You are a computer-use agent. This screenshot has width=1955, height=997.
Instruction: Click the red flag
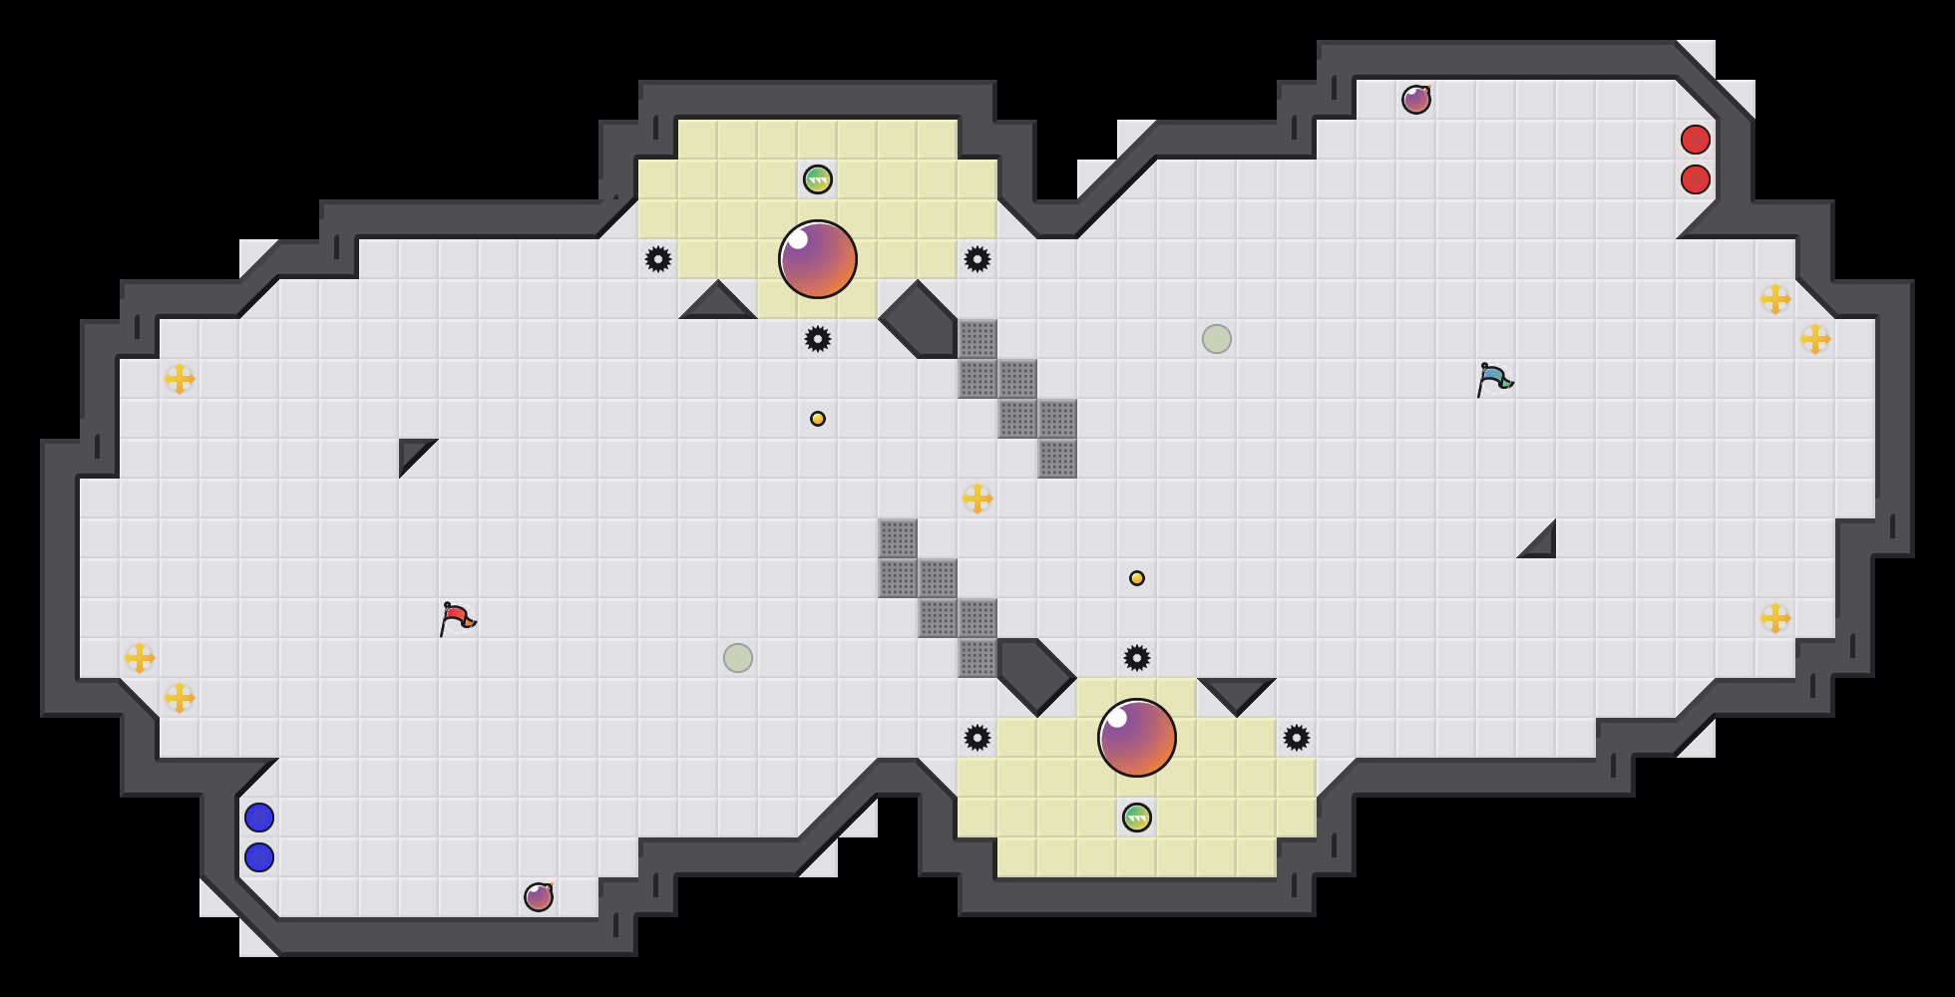457,618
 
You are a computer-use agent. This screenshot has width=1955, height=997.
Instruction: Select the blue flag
1494,379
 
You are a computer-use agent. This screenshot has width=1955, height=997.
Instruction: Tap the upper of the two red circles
1696,140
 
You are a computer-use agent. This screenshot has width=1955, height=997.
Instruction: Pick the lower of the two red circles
1696,179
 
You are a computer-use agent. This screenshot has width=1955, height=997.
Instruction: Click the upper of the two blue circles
259,818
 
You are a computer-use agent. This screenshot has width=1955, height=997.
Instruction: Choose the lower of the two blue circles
259,857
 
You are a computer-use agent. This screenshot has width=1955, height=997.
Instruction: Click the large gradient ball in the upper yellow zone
818,259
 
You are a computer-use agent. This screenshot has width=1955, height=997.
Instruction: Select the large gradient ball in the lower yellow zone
1137,738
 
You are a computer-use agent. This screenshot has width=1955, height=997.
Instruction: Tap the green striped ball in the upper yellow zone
818,179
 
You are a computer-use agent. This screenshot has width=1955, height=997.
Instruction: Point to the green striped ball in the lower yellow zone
1137,818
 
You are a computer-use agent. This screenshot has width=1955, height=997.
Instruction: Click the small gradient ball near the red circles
1416,100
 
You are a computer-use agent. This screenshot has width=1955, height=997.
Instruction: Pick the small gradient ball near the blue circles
539,897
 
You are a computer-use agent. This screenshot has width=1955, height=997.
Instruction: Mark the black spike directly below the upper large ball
818,339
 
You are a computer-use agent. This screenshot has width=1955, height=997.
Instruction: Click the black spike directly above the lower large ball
1137,658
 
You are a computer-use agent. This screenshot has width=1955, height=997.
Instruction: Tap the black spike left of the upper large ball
658,259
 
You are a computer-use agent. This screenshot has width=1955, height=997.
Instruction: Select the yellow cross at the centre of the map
977,498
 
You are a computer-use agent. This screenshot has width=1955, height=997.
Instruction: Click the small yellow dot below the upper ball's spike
818,419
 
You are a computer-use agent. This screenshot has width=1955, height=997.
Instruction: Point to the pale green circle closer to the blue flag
1217,339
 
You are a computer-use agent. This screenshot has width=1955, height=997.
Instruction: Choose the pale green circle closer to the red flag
738,658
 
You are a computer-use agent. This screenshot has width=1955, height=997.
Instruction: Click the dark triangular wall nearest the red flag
411,451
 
